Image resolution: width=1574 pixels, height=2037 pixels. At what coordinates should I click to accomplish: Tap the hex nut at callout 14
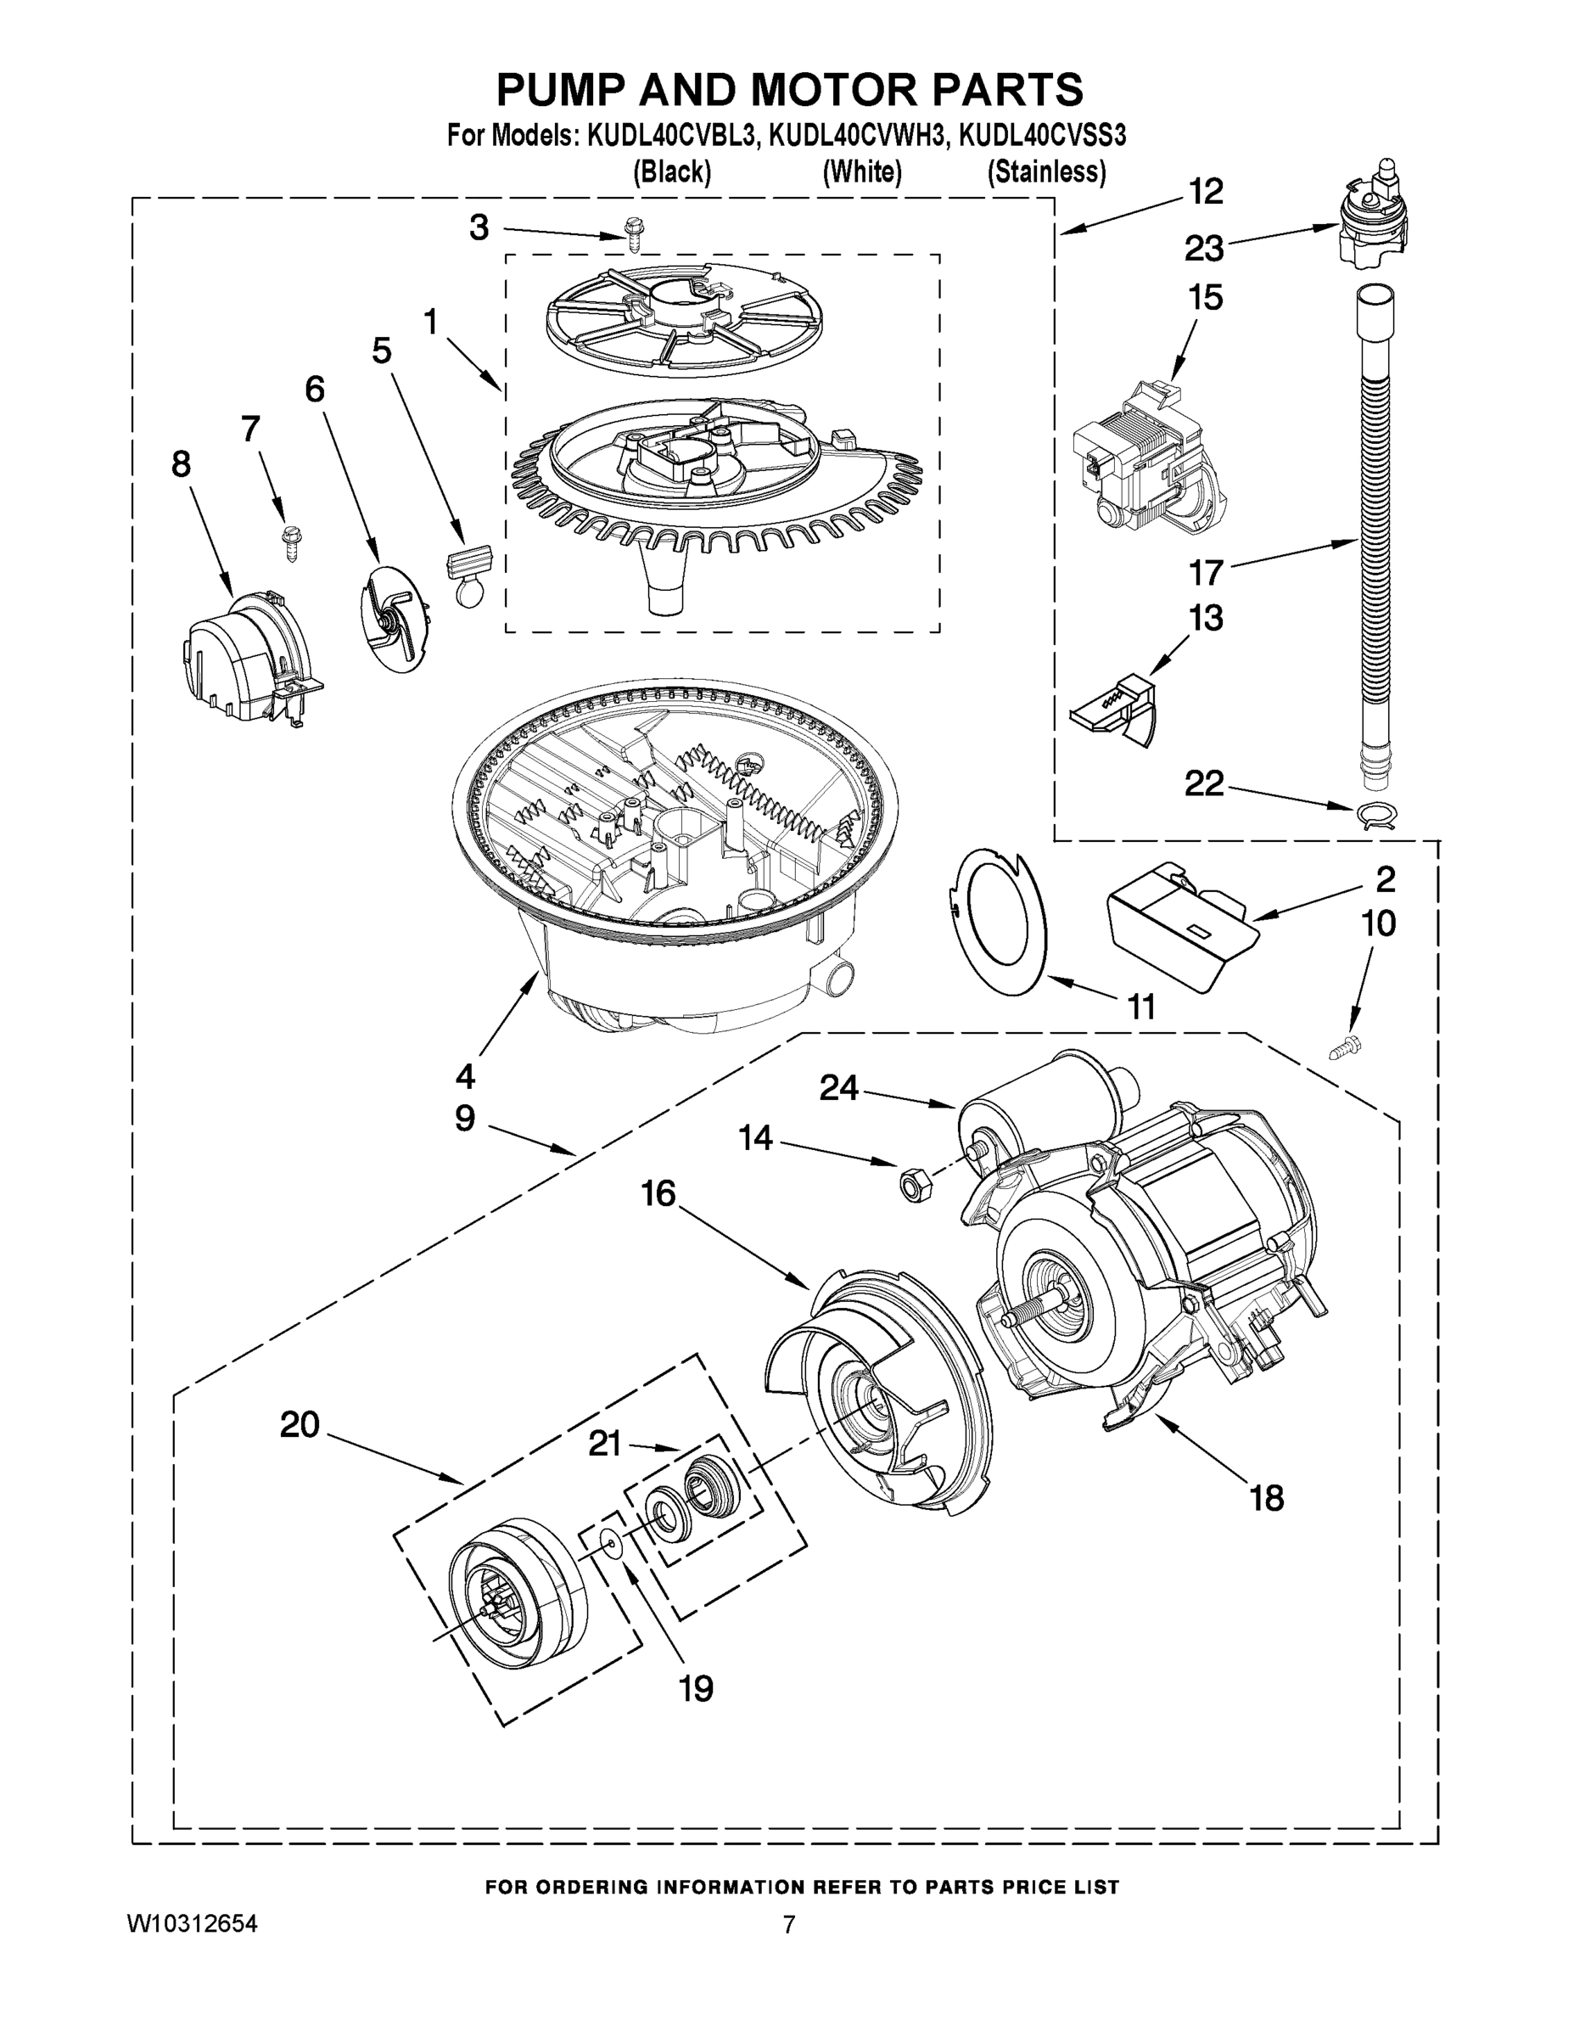click(907, 1186)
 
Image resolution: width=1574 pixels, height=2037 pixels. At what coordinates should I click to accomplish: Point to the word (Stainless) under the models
click(1046, 172)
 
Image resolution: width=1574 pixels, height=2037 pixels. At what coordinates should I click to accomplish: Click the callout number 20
click(300, 1424)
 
